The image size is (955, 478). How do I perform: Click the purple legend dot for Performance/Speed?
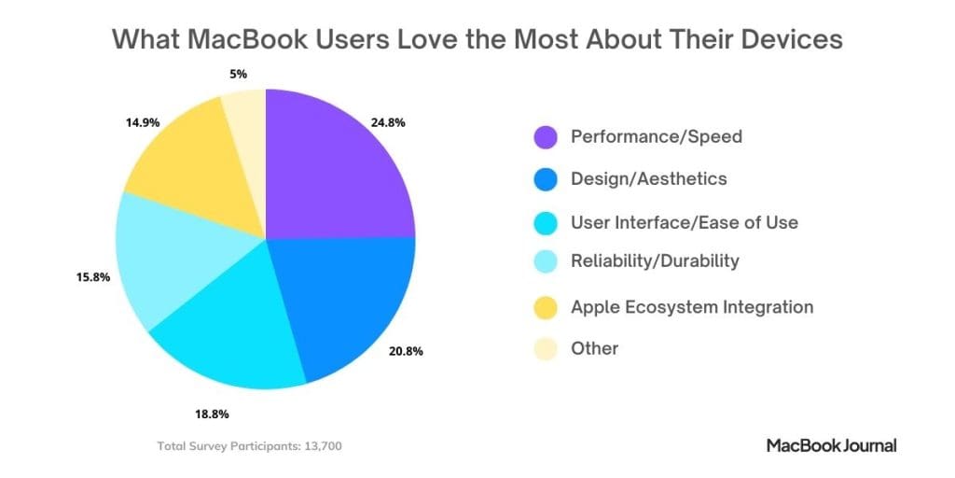click(x=546, y=137)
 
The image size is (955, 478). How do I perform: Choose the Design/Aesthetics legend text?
click(x=648, y=178)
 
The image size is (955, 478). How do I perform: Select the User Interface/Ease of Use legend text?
click(x=684, y=222)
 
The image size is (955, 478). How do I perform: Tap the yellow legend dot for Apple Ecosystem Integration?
click(x=546, y=307)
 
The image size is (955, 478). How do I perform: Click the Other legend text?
click(x=594, y=348)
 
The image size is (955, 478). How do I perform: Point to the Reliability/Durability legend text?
click(x=655, y=260)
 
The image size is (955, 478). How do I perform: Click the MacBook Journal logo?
click(x=831, y=445)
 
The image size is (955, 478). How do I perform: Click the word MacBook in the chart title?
click(x=237, y=39)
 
